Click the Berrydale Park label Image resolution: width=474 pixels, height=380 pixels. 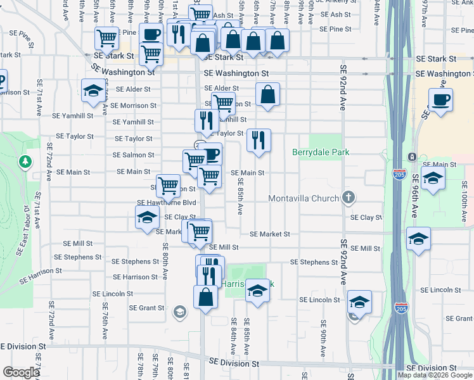point(321,153)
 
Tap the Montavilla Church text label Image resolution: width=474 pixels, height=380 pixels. point(304,199)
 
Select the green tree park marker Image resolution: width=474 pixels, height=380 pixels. point(25,162)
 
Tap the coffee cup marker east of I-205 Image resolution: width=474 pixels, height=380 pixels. point(440,99)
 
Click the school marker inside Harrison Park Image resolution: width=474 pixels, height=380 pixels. point(257,291)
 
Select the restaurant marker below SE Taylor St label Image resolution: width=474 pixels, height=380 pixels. point(259,141)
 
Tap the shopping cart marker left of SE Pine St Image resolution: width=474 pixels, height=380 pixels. point(107,38)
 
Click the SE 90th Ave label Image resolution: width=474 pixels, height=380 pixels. point(323,343)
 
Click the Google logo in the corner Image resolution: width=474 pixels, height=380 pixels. point(21,372)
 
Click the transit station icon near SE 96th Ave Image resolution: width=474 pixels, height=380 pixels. point(412,156)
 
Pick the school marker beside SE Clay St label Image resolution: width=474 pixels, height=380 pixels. point(147,218)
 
